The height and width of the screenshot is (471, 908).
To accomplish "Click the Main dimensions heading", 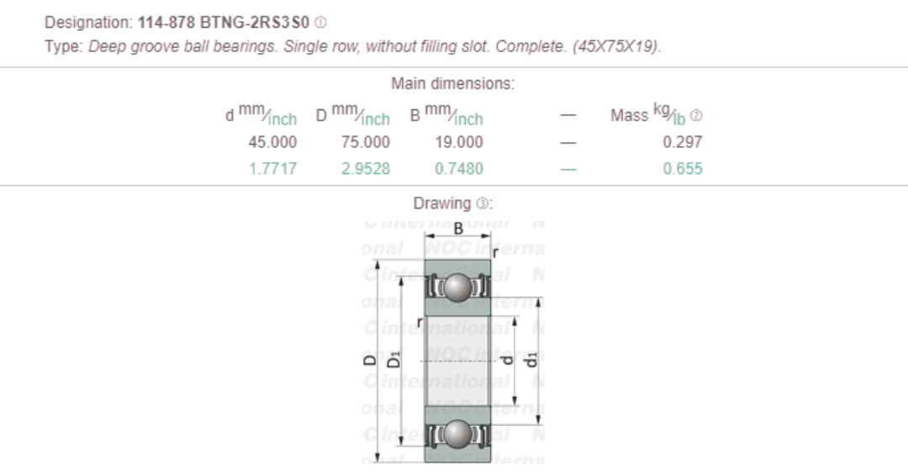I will pyautogui.click(x=453, y=84).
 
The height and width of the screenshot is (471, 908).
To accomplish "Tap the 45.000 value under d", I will pyautogui.click(x=272, y=142).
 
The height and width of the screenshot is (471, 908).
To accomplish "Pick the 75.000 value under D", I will pyautogui.click(x=366, y=142).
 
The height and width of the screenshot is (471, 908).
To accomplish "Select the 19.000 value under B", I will pyautogui.click(x=459, y=142).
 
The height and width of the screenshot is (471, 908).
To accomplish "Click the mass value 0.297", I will pyautogui.click(x=682, y=142).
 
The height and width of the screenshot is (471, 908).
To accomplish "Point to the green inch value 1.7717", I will pyautogui.click(x=272, y=168).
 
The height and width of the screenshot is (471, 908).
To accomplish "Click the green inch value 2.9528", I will pyautogui.click(x=366, y=168).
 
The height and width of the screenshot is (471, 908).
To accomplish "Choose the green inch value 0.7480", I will pyautogui.click(x=459, y=168).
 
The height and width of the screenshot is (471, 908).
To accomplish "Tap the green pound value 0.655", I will pyautogui.click(x=682, y=168).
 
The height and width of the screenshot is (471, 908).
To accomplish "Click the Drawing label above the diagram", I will pyautogui.click(x=442, y=204).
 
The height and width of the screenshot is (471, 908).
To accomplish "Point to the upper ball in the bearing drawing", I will pyautogui.click(x=458, y=288).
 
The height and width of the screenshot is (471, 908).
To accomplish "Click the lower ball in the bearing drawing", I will pyautogui.click(x=458, y=434).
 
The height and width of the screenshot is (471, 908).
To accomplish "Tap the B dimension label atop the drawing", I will pyautogui.click(x=458, y=229).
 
